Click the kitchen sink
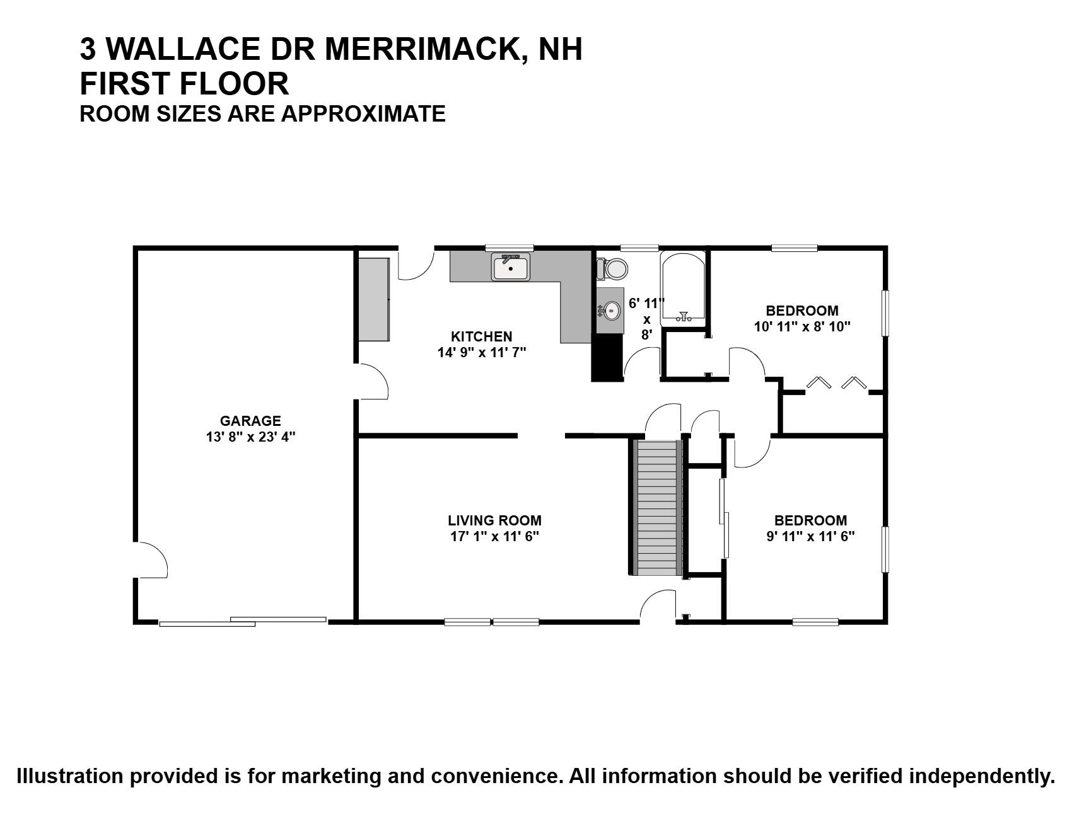(511, 268)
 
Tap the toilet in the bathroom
(613, 269)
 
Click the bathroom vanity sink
(610, 310)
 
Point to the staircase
(657, 508)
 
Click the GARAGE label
(250, 421)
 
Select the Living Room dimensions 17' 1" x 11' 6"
(494, 537)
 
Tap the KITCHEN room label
(481, 336)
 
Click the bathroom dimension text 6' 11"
(646, 303)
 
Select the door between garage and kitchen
(372, 382)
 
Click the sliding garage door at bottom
(243, 622)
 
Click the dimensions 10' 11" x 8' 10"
(802, 327)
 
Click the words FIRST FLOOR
(184, 83)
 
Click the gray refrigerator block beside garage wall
(373, 299)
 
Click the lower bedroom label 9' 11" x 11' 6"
(810, 537)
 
